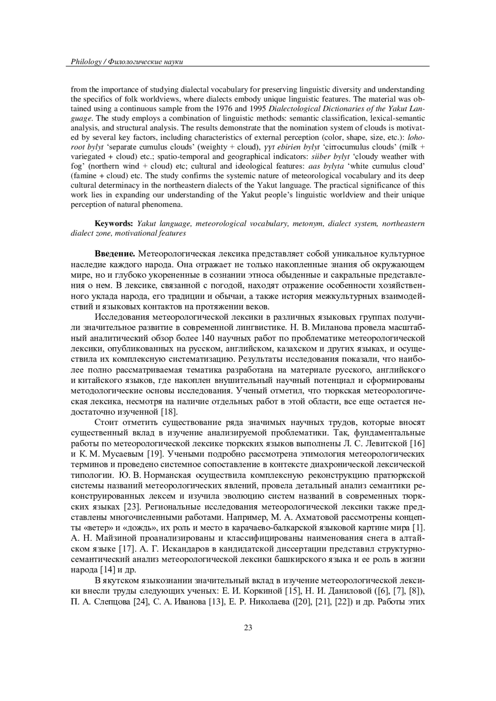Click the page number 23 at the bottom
(x=248, y=628)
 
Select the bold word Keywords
(x=114, y=223)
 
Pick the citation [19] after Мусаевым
(x=155, y=454)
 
